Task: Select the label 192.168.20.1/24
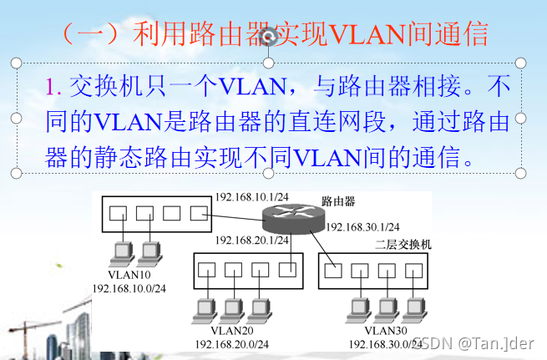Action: coord(251,240)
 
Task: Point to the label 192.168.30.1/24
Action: coord(362,226)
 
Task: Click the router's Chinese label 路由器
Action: coord(338,202)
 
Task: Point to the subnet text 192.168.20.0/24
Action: coord(231,343)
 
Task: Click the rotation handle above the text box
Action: coord(269,35)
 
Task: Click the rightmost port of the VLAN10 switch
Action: coord(198,212)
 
